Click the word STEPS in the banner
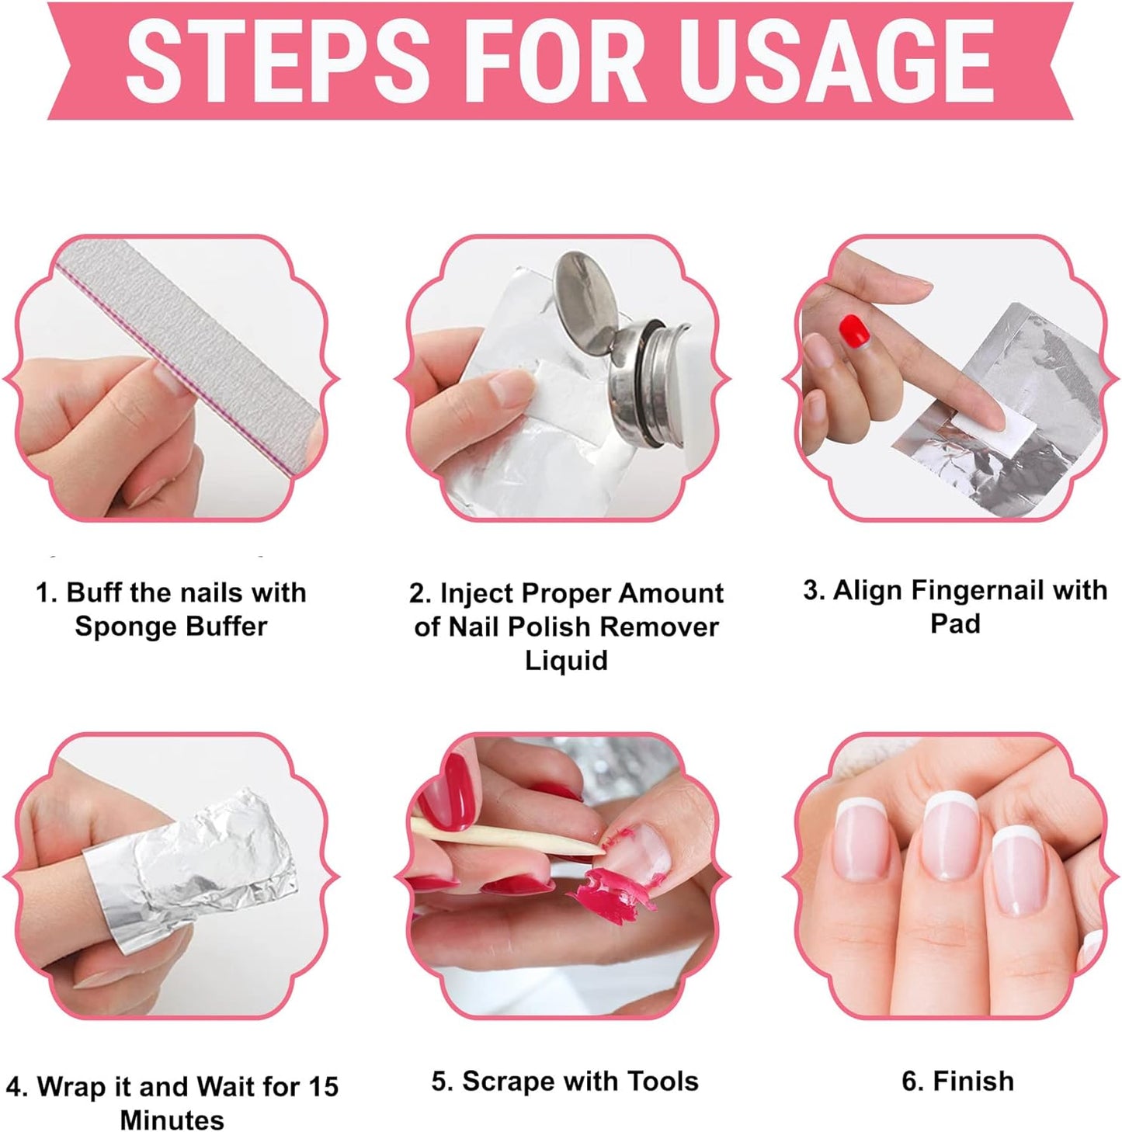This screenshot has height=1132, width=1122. pyautogui.click(x=277, y=60)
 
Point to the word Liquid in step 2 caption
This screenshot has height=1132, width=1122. pyautogui.click(x=565, y=660)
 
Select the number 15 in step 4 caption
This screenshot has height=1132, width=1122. pyautogui.click(x=321, y=1086)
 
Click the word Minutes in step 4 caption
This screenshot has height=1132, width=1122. pyautogui.click(x=172, y=1120)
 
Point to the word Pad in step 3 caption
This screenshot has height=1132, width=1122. pyautogui.click(x=955, y=623)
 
